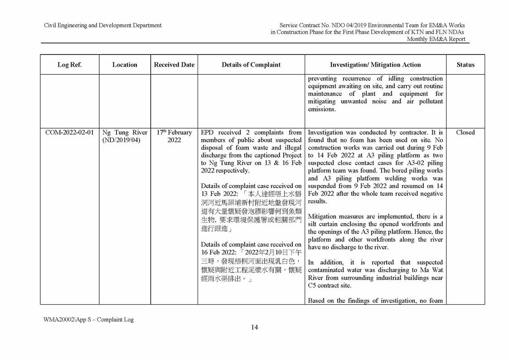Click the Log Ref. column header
pyautogui.click(x=69, y=65)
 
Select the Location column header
pyautogui.click(x=125, y=65)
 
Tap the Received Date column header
pyautogui.click(x=174, y=65)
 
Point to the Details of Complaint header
pyautogui.click(x=251, y=65)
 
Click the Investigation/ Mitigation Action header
pyautogui.click(x=375, y=65)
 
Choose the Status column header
pyautogui.click(x=465, y=65)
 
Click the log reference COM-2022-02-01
pyautogui.click(x=70, y=132)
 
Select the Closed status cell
pyautogui.click(x=465, y=132)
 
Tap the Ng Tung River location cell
pyautogui.click(x=125, y=132)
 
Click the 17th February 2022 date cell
pyautogui.click(x=174, y=136)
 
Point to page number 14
pyautogui.click(x=254, y=327)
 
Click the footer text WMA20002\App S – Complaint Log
pyautogui.click(x=89, y=320)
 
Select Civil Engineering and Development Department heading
pyautogui.click(x=103, y=25)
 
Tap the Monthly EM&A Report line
pyautogui.click(x=436, y=39)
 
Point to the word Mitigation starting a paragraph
pyautogui.click(x=323, y=216)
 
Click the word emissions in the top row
pyautogui.click(x=322, y=109)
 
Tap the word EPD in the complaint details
pyautogui.click(x=208, y=132)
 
